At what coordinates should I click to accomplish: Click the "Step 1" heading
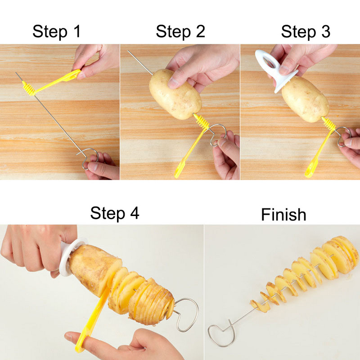(x=57, y=32)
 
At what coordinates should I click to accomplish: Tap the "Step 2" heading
(x=180, y=32)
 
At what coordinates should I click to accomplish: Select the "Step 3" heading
(x=306, y=32)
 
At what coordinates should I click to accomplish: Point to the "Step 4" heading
(x=115, y=213)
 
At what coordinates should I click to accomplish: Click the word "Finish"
(x=283, y=215)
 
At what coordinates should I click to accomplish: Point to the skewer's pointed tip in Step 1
(x=17, y=73)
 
